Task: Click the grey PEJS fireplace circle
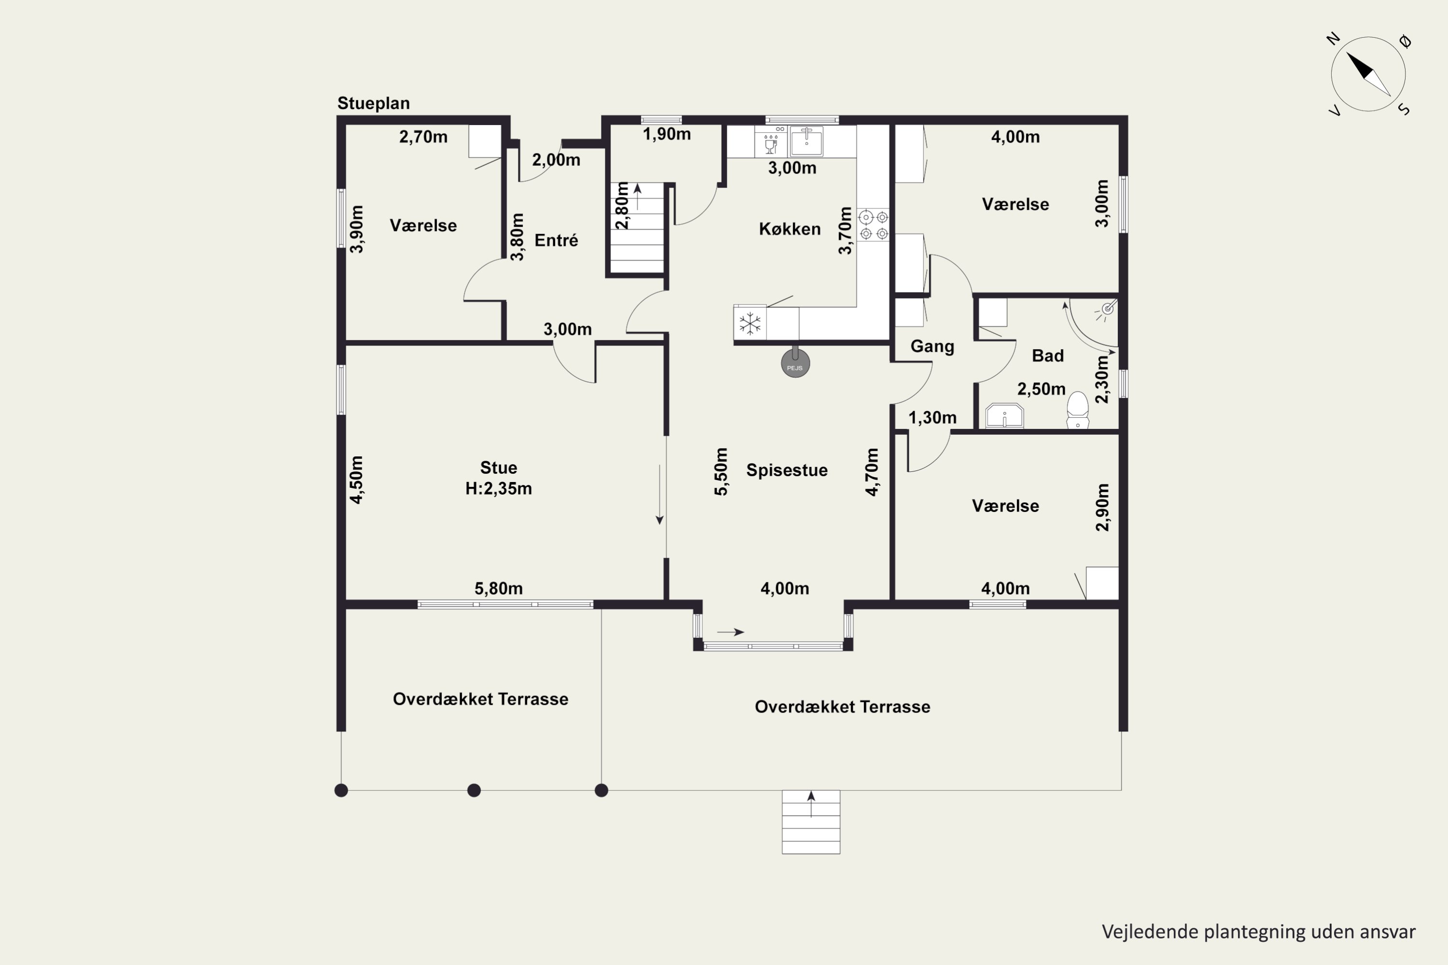click(795, 363)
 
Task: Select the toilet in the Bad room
click(1077, 410)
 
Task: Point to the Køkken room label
click(790, 229)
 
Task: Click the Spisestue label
click(787, 470)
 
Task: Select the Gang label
click(932, 346)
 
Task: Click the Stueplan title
click(373, 103)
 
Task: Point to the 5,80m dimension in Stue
click(499, 588)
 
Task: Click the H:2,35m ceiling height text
click(499, 489)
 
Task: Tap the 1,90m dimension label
click(667, 134)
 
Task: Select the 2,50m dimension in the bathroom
click(1041, 389)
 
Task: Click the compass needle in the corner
click(1368, 74)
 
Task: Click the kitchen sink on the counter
click(807, 141)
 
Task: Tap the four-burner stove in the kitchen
click(874, 225)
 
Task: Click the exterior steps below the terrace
click(811, 822)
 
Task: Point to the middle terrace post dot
click(474, 790)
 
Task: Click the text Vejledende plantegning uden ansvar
click(1258, 932)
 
